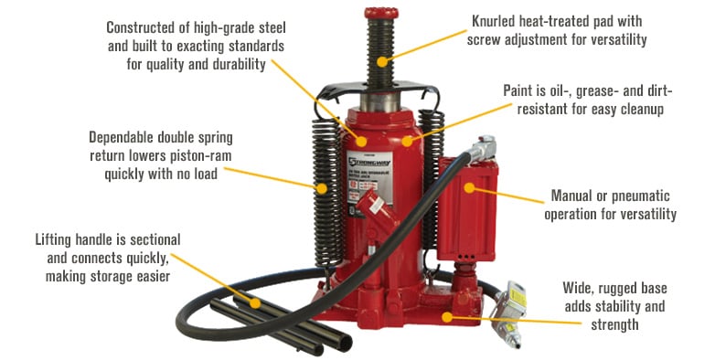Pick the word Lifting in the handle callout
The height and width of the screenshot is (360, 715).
click(58, 239)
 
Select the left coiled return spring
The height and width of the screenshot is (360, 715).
click(323, 174)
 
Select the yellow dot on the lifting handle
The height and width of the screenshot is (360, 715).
click(257, 302)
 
